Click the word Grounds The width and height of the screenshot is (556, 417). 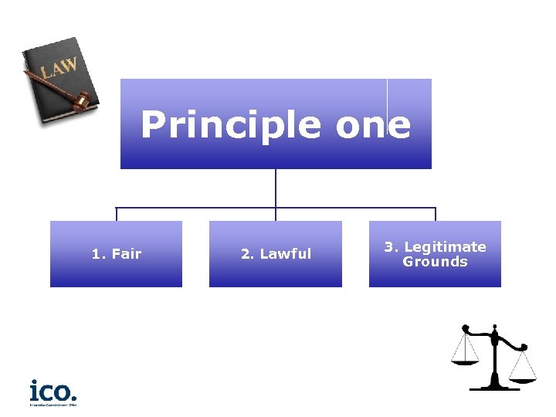[435, 262]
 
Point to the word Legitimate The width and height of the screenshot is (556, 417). [445, 247]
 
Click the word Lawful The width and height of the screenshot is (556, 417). [286, 253]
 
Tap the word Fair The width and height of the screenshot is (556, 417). [127, 253]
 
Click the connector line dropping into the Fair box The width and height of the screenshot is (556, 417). [117, 214]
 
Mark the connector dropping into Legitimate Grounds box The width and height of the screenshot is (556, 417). [436, 214]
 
